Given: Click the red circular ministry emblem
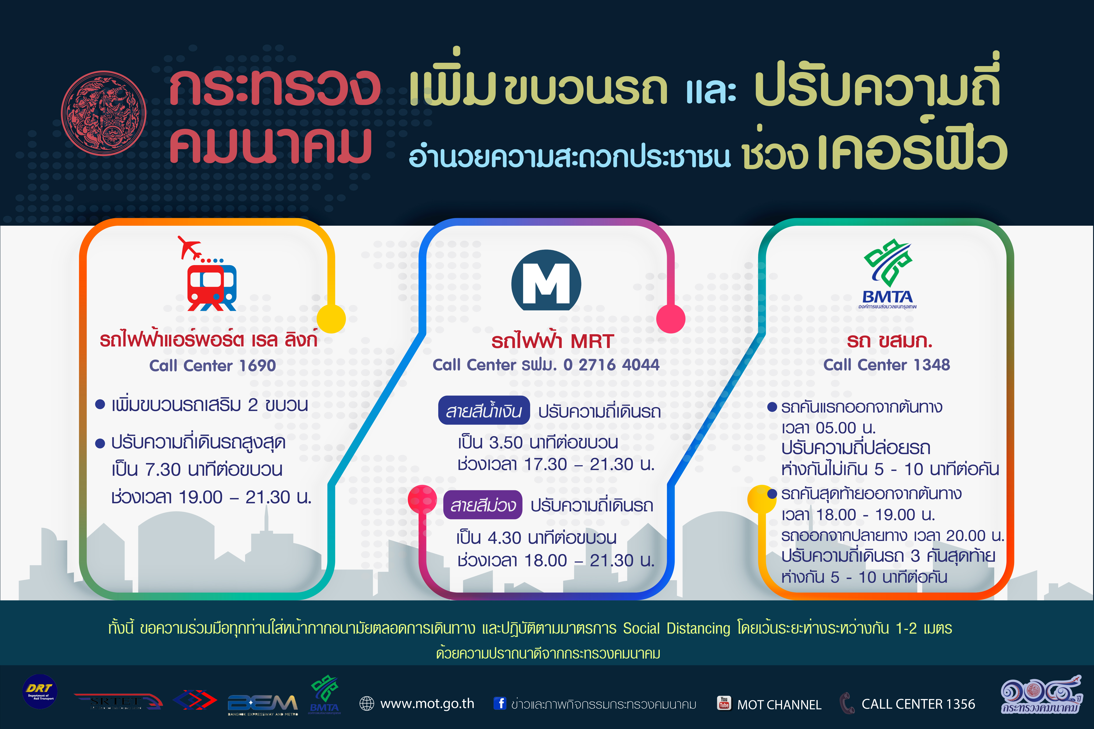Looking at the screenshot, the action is tap(104, 113).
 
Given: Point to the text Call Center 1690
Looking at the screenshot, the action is tap(213, 365).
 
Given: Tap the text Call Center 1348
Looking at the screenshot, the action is tap(887, 365).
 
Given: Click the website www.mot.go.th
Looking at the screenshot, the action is tap(427, 704).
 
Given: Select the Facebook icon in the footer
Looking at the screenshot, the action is tap(500, 703).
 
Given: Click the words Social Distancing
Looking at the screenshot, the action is tap(677, 629).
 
